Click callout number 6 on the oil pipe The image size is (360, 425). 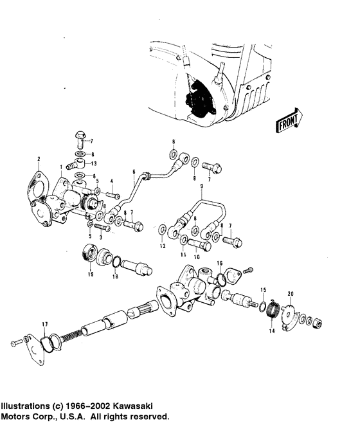[x=134, y=172]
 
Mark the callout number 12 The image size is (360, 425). [x=163, y=247]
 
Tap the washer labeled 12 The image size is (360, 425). [x=165, y=228]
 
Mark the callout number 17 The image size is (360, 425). [x=44, y=323]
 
